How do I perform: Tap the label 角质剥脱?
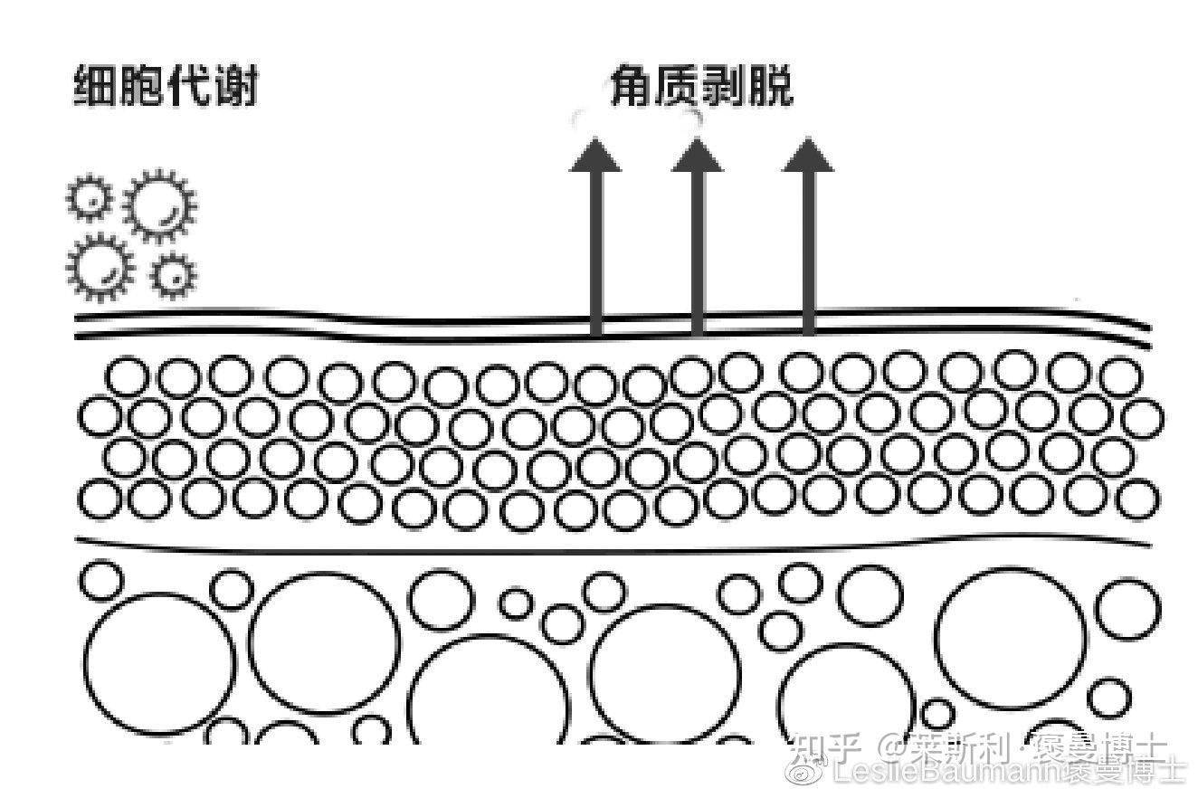click(702, 89)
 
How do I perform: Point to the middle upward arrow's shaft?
click(697, 253)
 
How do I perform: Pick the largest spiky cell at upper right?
click(159, 204)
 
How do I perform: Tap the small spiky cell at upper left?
click(90, 197)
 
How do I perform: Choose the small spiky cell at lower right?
click(172, 276)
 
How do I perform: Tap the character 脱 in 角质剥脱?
click(772, 89)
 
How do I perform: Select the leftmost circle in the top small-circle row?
click(128, 377)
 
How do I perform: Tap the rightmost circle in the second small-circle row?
click(1142, 417)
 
